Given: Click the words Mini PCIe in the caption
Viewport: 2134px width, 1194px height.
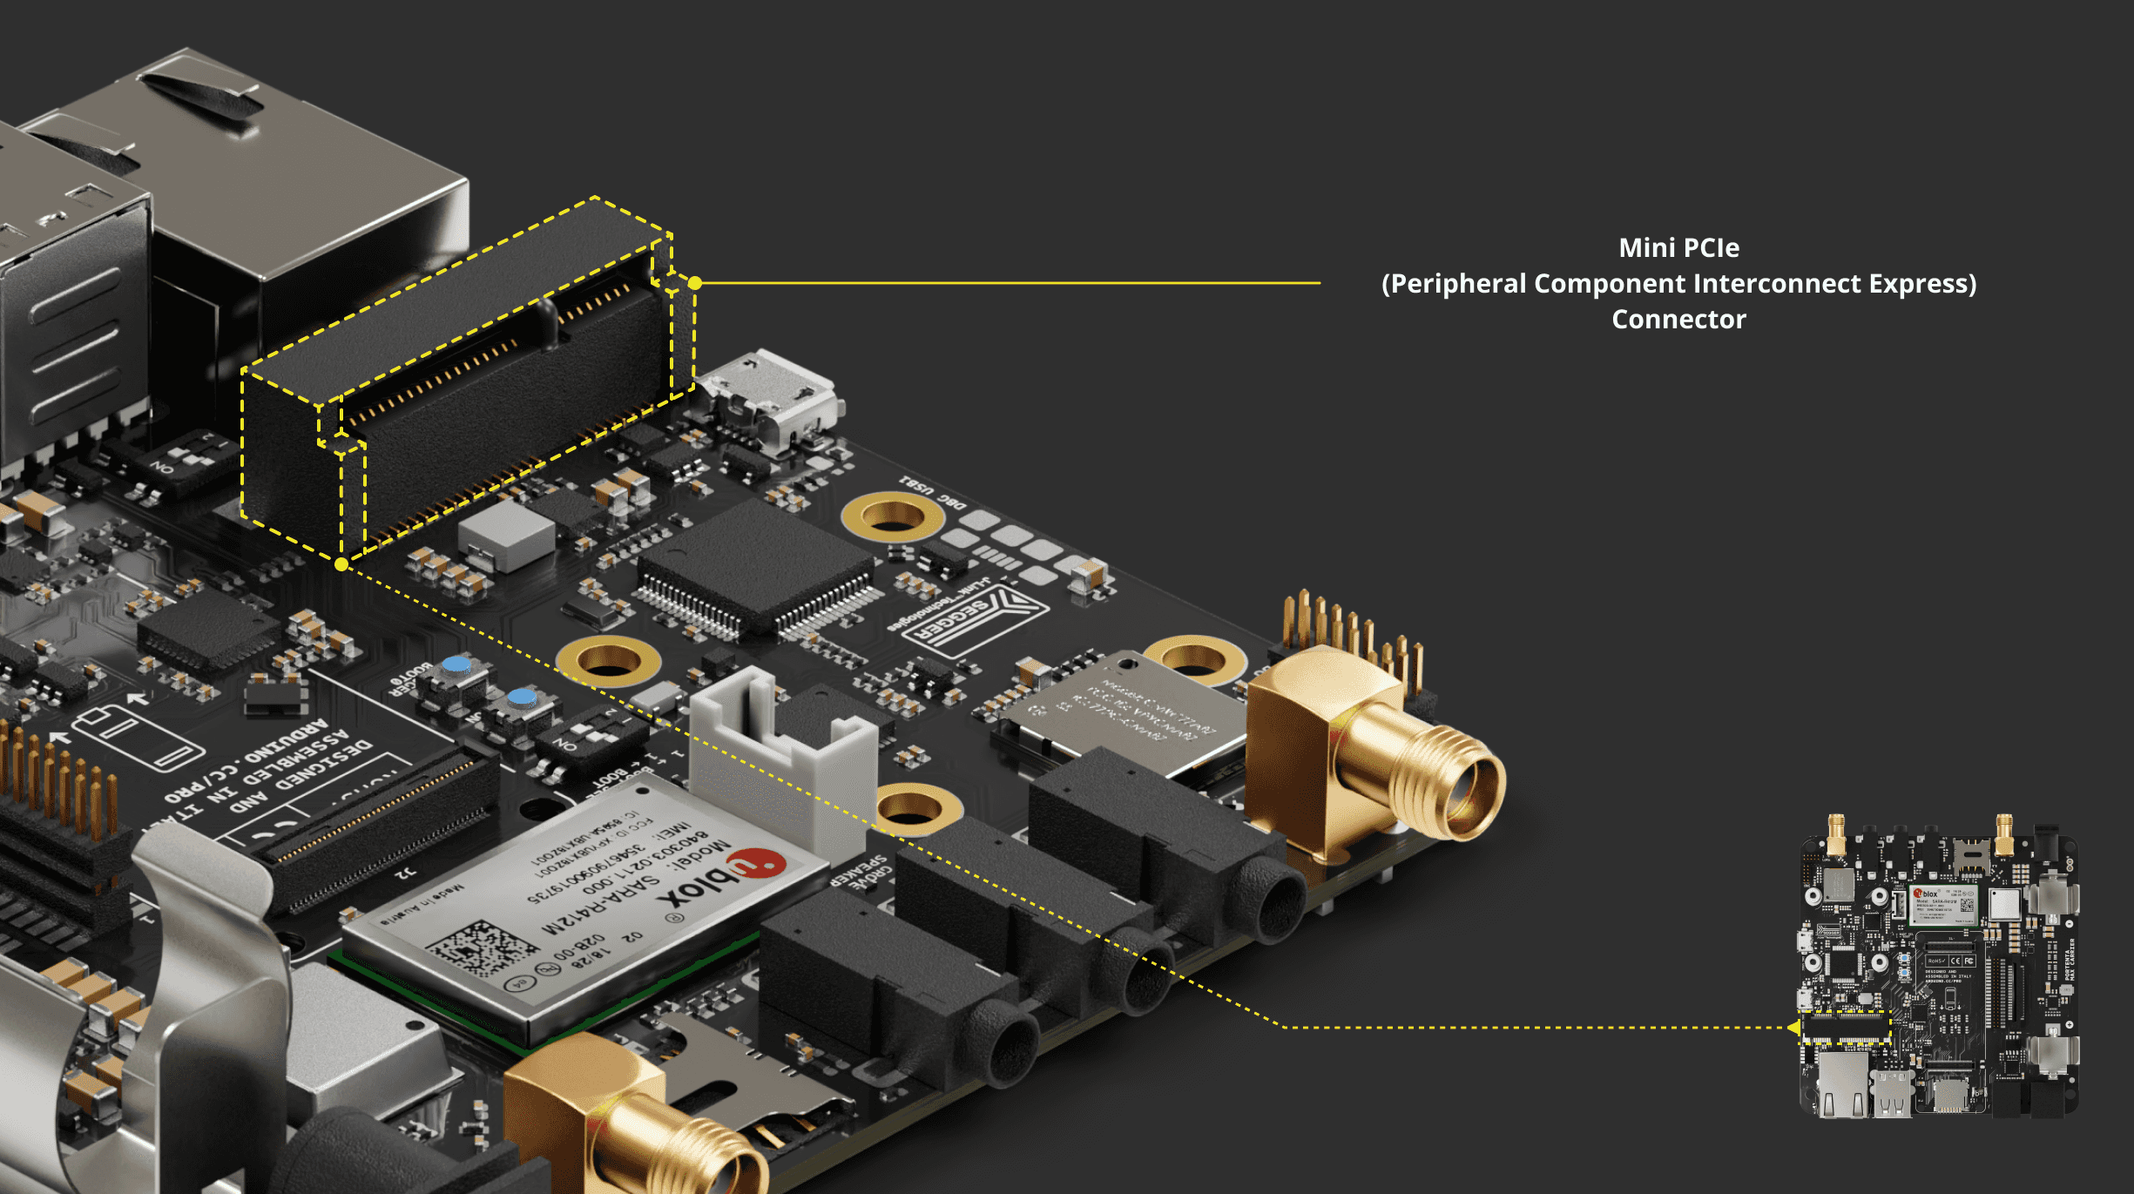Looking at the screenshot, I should click(x=1678, y=248).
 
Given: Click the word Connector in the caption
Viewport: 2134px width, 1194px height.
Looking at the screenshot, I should click(x=1678, y=320).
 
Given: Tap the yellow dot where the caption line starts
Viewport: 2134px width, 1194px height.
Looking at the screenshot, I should click(x=695, y=283).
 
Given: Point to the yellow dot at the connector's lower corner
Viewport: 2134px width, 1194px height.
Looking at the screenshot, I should click(x=341, y=564).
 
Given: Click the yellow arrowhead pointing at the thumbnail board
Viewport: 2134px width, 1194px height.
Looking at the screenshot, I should click(x=1794, y=1028).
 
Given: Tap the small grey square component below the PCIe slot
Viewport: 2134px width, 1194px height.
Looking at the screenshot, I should click(x=505, y=531).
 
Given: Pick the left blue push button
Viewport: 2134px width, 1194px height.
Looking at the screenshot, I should click(x=456, y=666).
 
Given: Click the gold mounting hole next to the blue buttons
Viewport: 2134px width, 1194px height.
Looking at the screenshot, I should click(x=608, y=660).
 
